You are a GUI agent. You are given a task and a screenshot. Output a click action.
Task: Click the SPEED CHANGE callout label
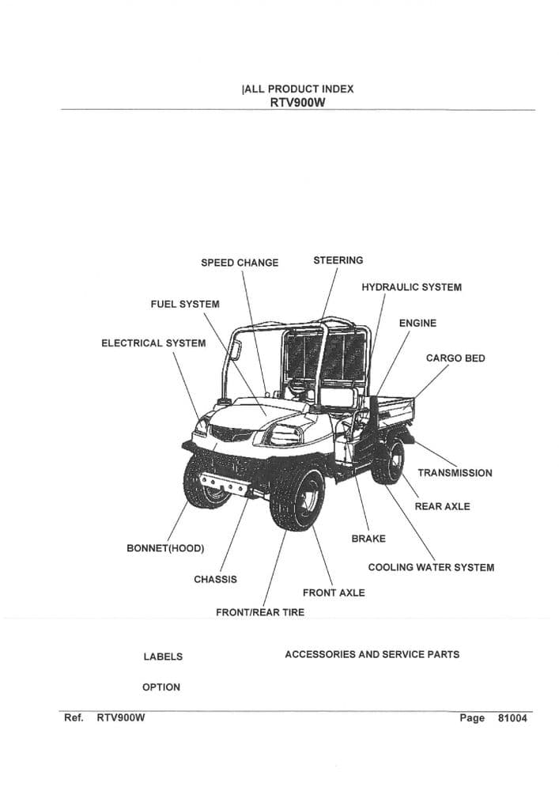(240, 263)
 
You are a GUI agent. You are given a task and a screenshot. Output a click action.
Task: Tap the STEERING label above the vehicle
(338, 260)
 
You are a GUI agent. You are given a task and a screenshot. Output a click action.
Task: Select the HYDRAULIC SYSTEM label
(411, 287)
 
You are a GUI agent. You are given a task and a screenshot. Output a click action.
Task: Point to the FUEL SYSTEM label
(185, 304)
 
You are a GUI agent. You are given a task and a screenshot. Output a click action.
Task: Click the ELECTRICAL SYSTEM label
(153, 343)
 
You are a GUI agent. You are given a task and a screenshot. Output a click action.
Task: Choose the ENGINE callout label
(417, 323)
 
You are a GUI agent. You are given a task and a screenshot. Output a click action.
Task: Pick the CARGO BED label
(455, 358)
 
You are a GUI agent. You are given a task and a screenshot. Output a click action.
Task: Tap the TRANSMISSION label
(455, 473)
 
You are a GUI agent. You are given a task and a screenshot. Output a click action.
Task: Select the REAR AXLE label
(442, 506)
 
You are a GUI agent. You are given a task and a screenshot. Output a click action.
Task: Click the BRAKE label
(368, 539)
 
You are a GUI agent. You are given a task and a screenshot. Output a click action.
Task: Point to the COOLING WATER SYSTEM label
(431, 567)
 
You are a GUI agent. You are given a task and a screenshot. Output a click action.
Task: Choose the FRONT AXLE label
(334, 593)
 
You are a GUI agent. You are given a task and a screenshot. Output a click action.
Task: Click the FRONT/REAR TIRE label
(260, 612)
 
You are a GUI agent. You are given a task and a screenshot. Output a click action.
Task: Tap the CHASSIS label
(215, 580)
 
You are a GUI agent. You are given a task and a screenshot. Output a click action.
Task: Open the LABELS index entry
(163, 657)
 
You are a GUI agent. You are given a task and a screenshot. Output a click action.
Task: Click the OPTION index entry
(161, 687)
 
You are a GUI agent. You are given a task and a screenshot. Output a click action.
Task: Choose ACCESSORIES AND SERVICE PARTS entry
(372, 654)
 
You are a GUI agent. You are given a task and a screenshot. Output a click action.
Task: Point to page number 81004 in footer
(512, 718)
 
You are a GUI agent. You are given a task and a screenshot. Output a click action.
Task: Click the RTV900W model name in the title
(297, 102)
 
